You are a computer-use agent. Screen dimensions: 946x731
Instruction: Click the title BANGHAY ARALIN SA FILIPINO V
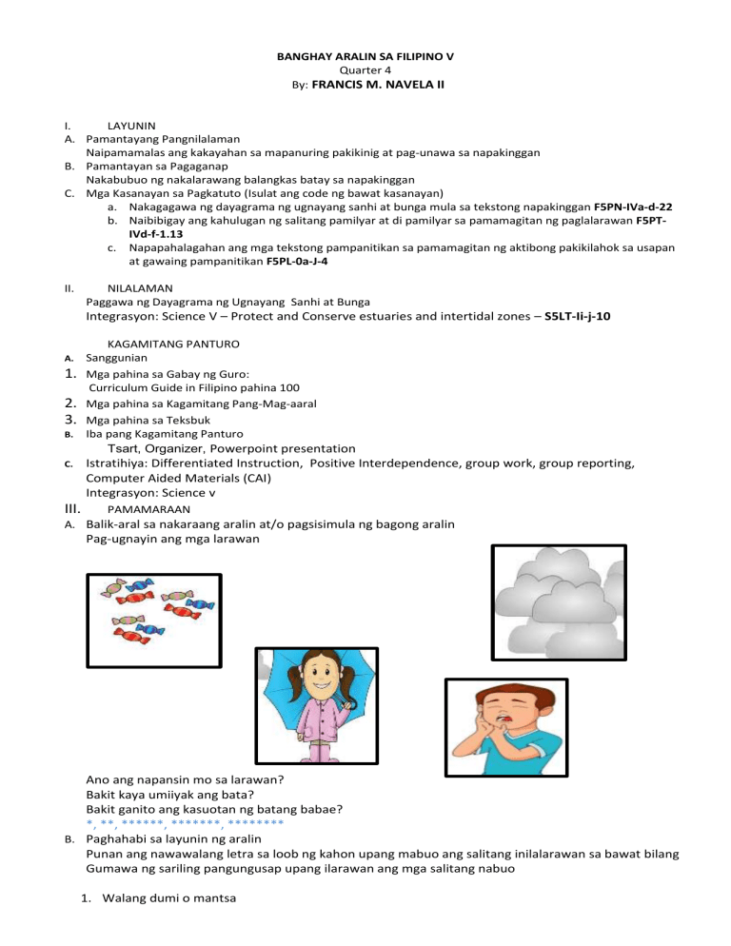point(365,57)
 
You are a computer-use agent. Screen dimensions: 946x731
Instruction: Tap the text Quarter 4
point(365,70)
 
